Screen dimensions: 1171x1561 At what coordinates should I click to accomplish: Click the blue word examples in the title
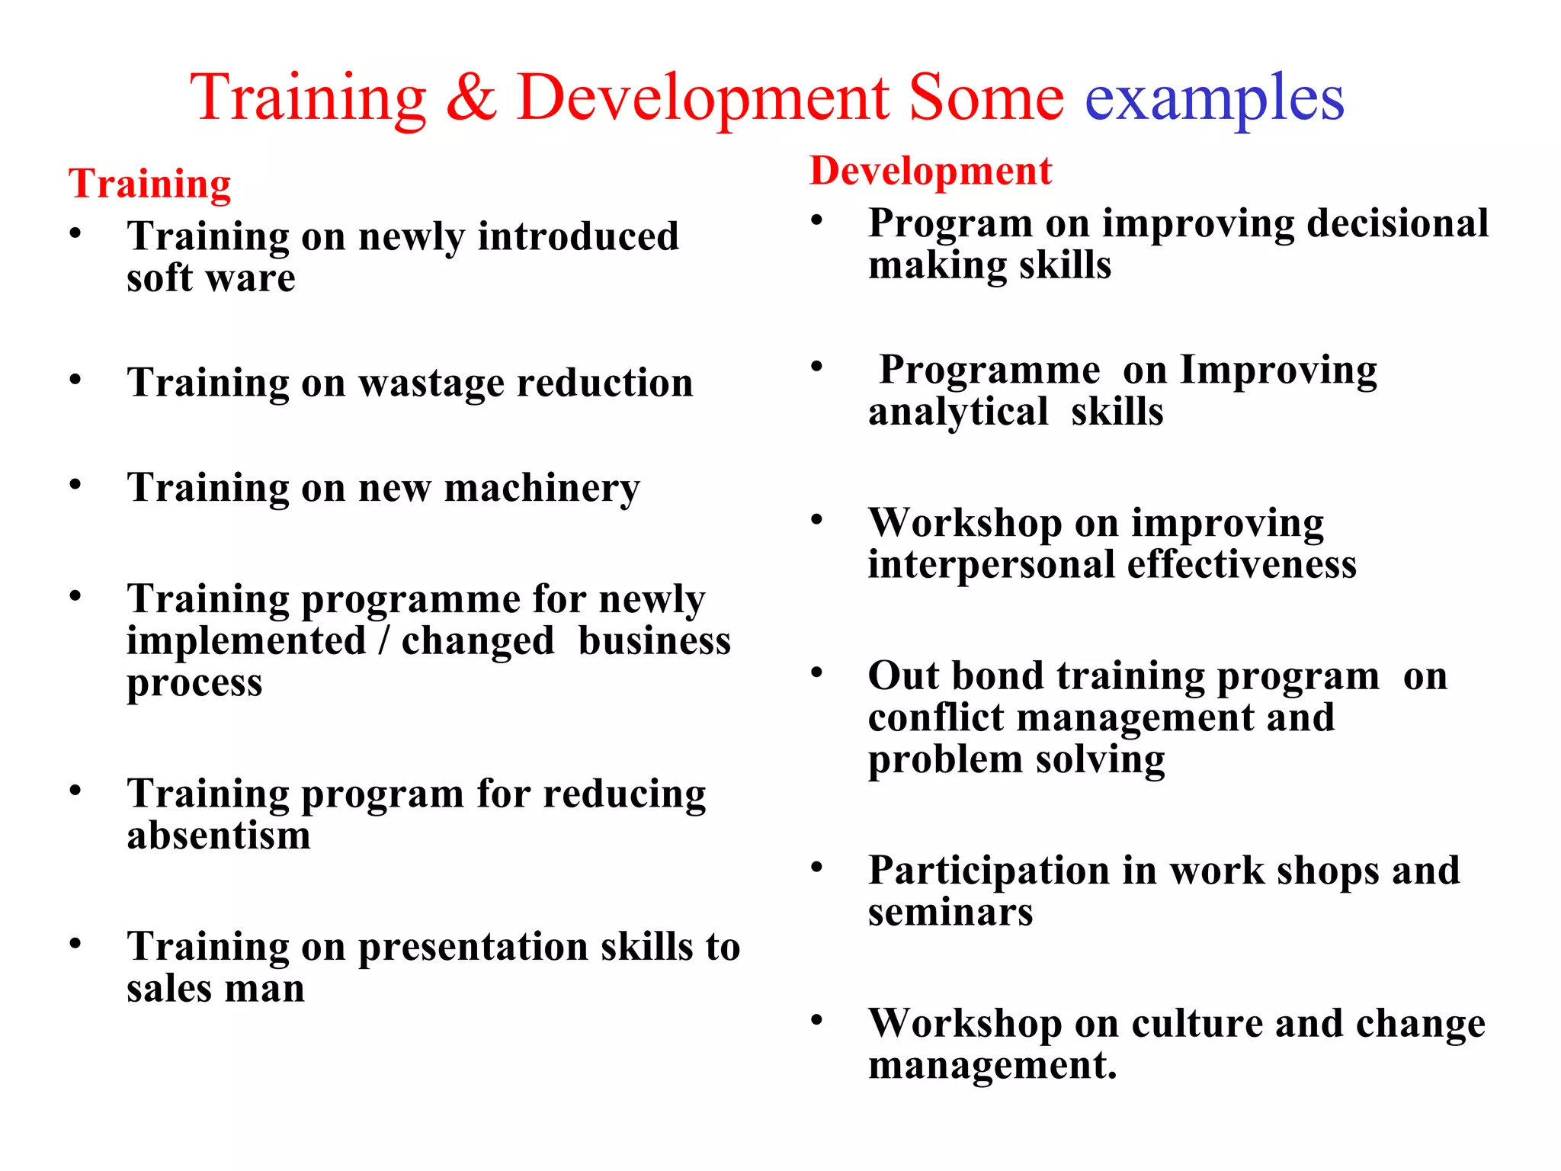(x=1214, y=99)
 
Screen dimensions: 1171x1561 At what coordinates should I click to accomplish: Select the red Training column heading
(x=149, y=184)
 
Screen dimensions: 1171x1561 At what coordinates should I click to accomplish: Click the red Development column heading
(x=930, y=171)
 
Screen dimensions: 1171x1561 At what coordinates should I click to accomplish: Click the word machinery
(x=542, y=489)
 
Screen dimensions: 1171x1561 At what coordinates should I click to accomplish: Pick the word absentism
(x=219, y=836)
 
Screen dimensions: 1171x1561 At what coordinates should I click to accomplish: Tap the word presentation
(x=473, y=948)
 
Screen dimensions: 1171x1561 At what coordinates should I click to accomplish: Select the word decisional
(x=1398, y=224)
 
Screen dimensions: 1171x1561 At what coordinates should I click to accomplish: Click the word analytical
(x=958, y=412)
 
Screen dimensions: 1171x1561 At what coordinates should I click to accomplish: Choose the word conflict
(x=936, y=718)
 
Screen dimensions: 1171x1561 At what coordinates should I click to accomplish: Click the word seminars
(x=950, y=913)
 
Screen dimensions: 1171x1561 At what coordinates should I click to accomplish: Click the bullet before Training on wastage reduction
(x=75, y=380)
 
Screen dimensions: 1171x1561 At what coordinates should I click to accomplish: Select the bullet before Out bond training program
(x=817, y=672)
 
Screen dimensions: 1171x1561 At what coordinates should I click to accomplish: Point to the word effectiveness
(x=1242, y=565)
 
